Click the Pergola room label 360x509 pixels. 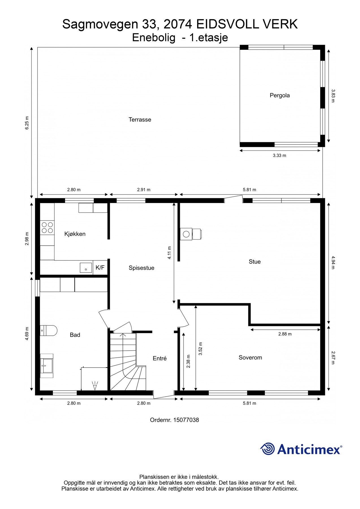coord(279,95)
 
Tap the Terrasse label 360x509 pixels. coord(140,120)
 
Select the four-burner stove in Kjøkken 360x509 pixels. coord(47,228)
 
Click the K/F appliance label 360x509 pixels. coord(100,268)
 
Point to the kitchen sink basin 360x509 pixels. coord(86,268)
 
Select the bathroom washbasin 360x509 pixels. coord(47,365)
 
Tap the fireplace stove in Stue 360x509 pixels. coord(191,234)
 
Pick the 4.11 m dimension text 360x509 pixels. coord(169,253)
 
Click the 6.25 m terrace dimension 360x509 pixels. coord(27,123)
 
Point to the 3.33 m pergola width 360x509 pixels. coord(279,156)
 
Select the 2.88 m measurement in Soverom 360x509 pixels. coord(285,334)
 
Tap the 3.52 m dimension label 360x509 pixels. coord(201,349)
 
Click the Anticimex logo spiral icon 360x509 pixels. coord(267,448)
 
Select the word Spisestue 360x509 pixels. coord(141,268)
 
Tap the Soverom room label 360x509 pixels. coord(250,357)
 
